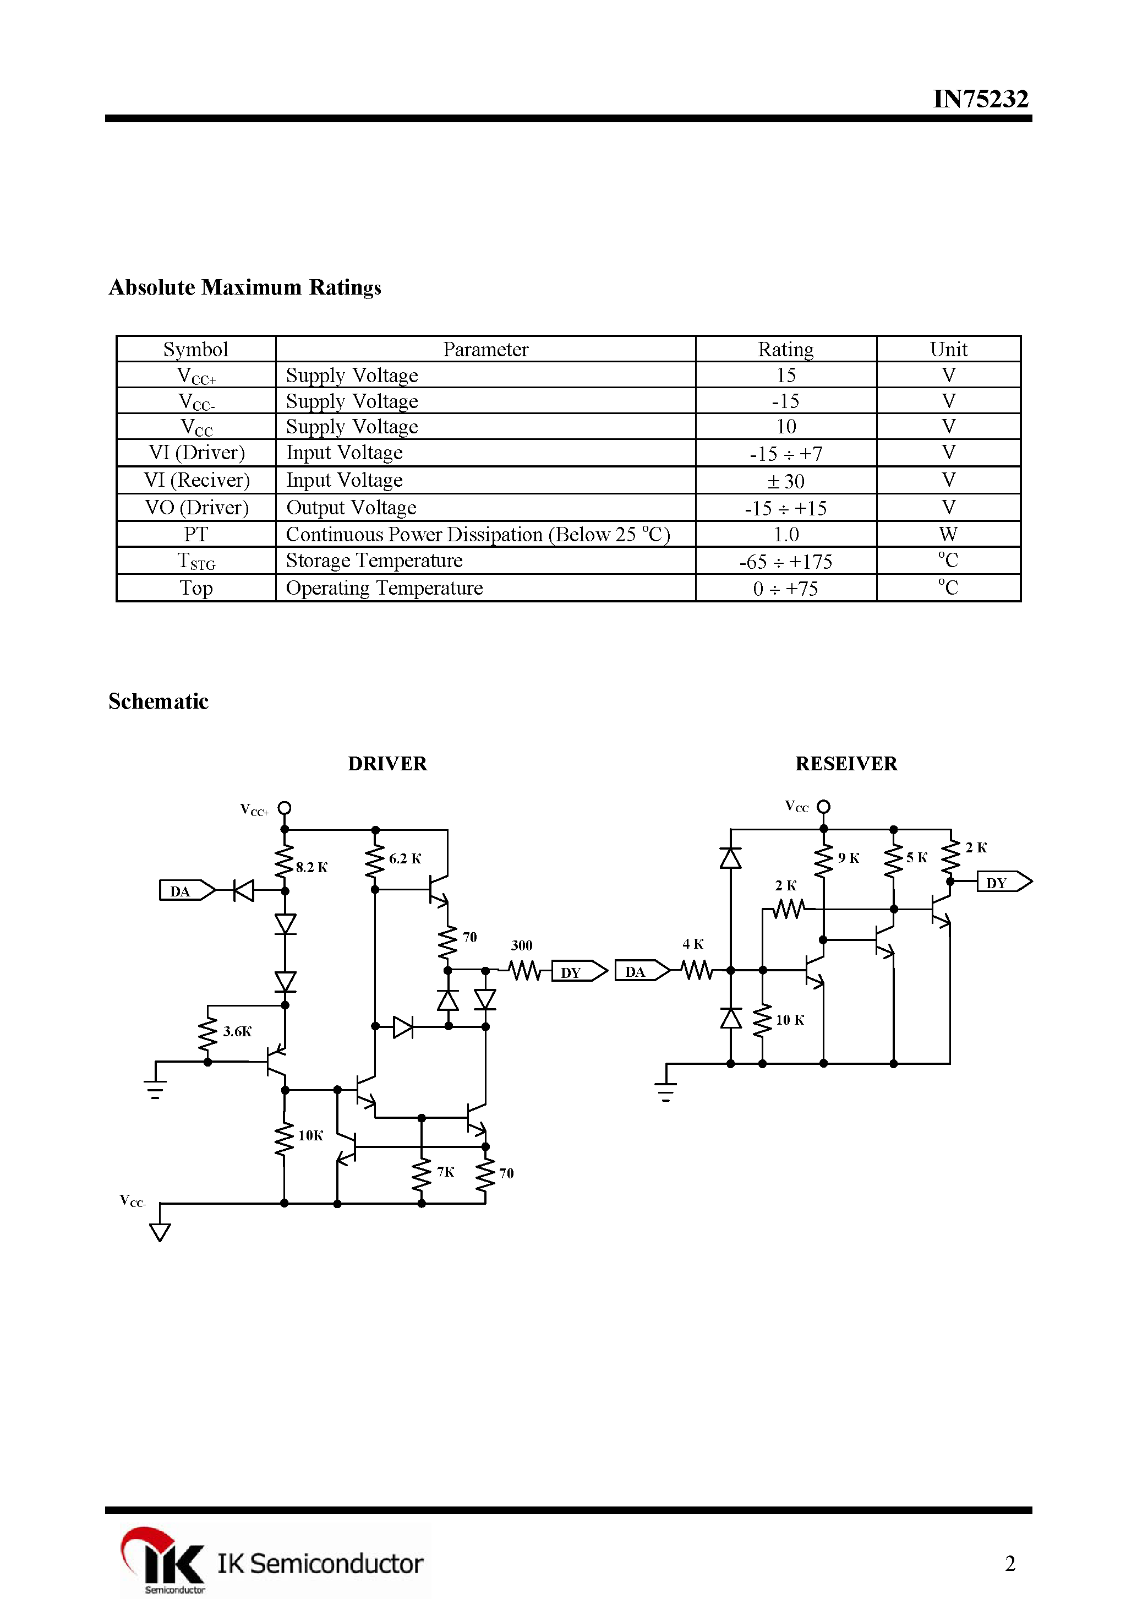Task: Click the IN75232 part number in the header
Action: pos(980,99)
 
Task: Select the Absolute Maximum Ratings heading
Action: pos(245,287)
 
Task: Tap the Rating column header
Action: pos(785,349)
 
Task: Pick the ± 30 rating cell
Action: pos(785,481)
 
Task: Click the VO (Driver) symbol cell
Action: pos(196,508)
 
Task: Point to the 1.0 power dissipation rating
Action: pos(785,534)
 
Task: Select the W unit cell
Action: pos(948,534)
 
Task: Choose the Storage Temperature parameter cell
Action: pos(374,561)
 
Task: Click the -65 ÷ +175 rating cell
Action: pos(785,562)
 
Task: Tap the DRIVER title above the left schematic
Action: pos(387,764)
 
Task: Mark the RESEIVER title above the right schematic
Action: pos(845,764)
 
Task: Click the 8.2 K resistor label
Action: pos(311,867)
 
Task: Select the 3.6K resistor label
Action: pos(237,1031)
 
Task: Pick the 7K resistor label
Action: pos(445,1172)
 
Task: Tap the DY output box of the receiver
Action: pos(1002,882)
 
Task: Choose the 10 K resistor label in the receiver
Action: pos(789,1020)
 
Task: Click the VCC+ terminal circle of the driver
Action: pos(285,808)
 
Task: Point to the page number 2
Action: pos(1009,1563)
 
